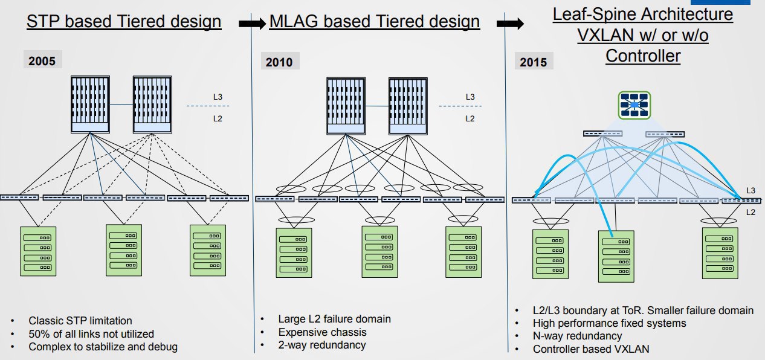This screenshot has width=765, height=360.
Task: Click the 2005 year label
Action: click(x=42, y=61)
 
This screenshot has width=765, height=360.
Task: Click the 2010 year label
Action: click(x=279, y=62)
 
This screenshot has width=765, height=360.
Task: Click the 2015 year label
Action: click(x=533, y=62)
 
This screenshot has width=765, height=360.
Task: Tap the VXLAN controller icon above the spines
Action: click(x=634, y=105)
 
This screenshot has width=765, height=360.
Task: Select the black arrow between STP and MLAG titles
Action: click(x=252, y=24)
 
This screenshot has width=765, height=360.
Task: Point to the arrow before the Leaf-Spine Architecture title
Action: click(x=510, y=24)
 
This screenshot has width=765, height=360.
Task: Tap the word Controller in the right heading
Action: click(x=643, y=56)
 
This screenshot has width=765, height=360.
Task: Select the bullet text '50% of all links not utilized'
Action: click(x=91, y=334)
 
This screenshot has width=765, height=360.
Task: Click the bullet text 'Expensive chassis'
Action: click(x=323, y=332)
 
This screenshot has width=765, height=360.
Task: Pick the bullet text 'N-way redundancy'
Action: click(x=577, y=336)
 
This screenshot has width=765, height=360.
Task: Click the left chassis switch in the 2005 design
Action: click(x=90, y=104)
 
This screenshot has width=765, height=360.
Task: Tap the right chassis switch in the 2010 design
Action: click(x=408, y=106)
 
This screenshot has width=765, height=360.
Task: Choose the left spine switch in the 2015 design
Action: click(x=602, y=133)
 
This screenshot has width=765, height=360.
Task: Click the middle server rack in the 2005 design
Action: click(x=124, y=250)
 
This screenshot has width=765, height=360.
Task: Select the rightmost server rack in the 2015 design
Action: click(x=720, y=253)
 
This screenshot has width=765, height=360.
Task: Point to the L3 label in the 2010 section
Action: click(x=470, y=97)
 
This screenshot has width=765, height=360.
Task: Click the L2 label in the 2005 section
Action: click(x=218, y=118)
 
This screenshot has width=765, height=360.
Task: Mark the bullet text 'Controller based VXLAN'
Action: click(x=591, y=349)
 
